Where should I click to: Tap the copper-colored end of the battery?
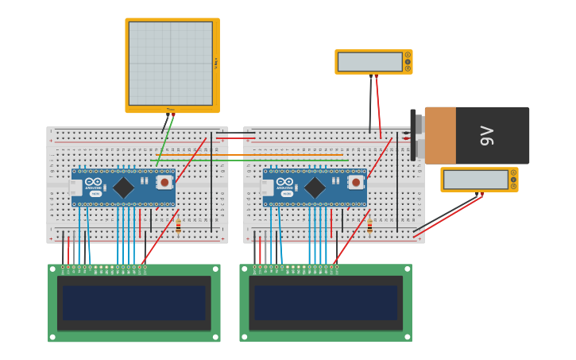point(440,136)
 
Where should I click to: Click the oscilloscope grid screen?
point(171,63)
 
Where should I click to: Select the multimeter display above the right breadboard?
point(369,62)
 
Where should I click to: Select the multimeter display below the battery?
point(475,180)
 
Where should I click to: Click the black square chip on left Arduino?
point(123,188)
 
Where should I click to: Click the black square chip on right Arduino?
point(315,188)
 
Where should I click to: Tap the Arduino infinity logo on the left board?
point(95,182)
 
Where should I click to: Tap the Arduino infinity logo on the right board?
point(285,182)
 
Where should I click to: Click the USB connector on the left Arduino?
point(75,188)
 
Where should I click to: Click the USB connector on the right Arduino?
point(267,188)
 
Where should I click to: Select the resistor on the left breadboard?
point(178,226)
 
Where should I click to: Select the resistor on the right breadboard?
point(369,226)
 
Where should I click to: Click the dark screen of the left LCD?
point(133,303)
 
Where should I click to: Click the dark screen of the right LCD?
point(326,303)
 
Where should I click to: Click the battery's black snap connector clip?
point(413,135)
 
